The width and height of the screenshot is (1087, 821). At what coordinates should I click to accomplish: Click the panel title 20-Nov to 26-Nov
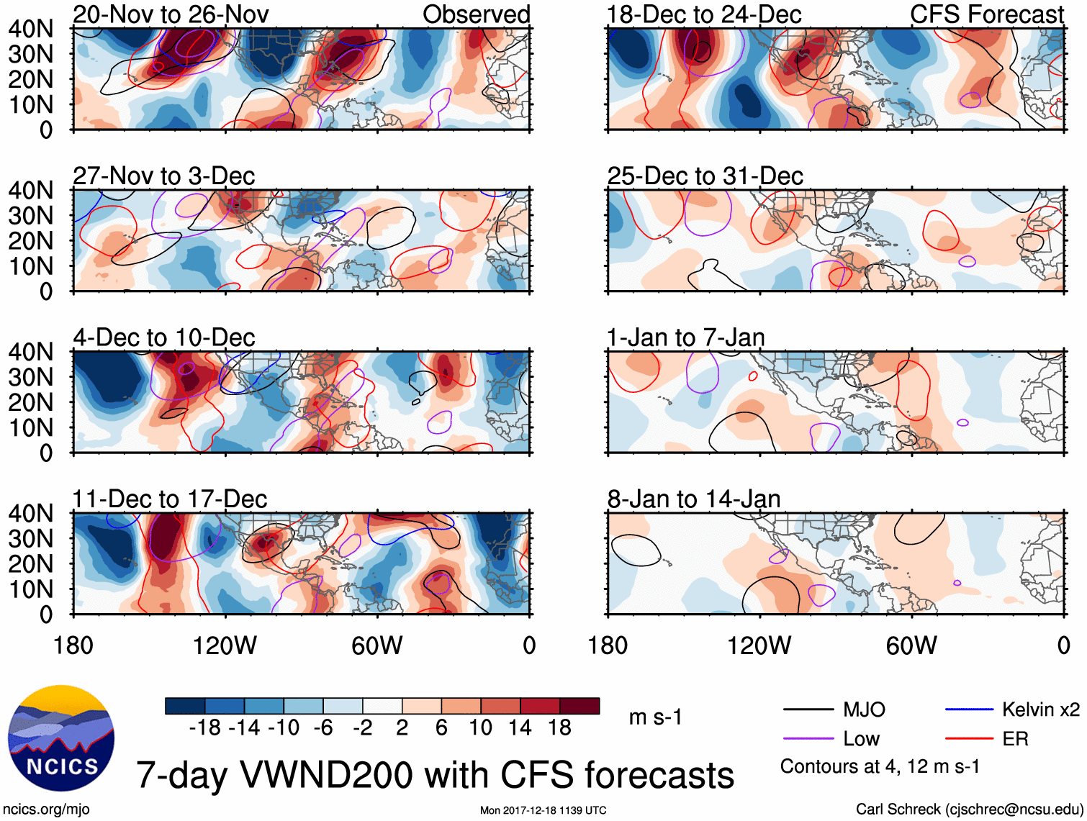tap(171, 14)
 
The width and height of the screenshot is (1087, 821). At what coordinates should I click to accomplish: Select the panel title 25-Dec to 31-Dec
tap(705, 176)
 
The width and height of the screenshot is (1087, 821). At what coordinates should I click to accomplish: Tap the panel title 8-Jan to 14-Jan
tap(694, 499)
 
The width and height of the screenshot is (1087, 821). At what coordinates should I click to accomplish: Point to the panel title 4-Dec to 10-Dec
tap(164, 337)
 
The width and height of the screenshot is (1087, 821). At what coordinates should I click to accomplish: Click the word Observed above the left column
tap(476, 14)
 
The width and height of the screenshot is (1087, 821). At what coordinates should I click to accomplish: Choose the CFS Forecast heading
tap(986, 14)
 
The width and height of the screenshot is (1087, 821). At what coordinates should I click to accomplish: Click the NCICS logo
tap(61, 738)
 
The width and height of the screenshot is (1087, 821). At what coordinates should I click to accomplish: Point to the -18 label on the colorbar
tap(205, 728)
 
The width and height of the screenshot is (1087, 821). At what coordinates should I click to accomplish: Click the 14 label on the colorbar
tap(520, 728)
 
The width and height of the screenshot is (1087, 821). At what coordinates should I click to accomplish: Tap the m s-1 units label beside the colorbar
tap(655, 717)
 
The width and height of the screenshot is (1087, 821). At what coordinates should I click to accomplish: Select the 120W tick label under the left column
tap(225, 645)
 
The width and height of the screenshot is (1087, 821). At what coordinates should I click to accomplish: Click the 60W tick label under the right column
tap(911, 645)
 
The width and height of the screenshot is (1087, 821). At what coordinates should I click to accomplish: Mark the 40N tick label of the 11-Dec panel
tap(30, 514)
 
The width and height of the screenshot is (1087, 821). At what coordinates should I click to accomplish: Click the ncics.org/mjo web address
tap(46, 809)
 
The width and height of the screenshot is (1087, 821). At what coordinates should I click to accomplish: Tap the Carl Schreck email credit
tap(969, 809)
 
